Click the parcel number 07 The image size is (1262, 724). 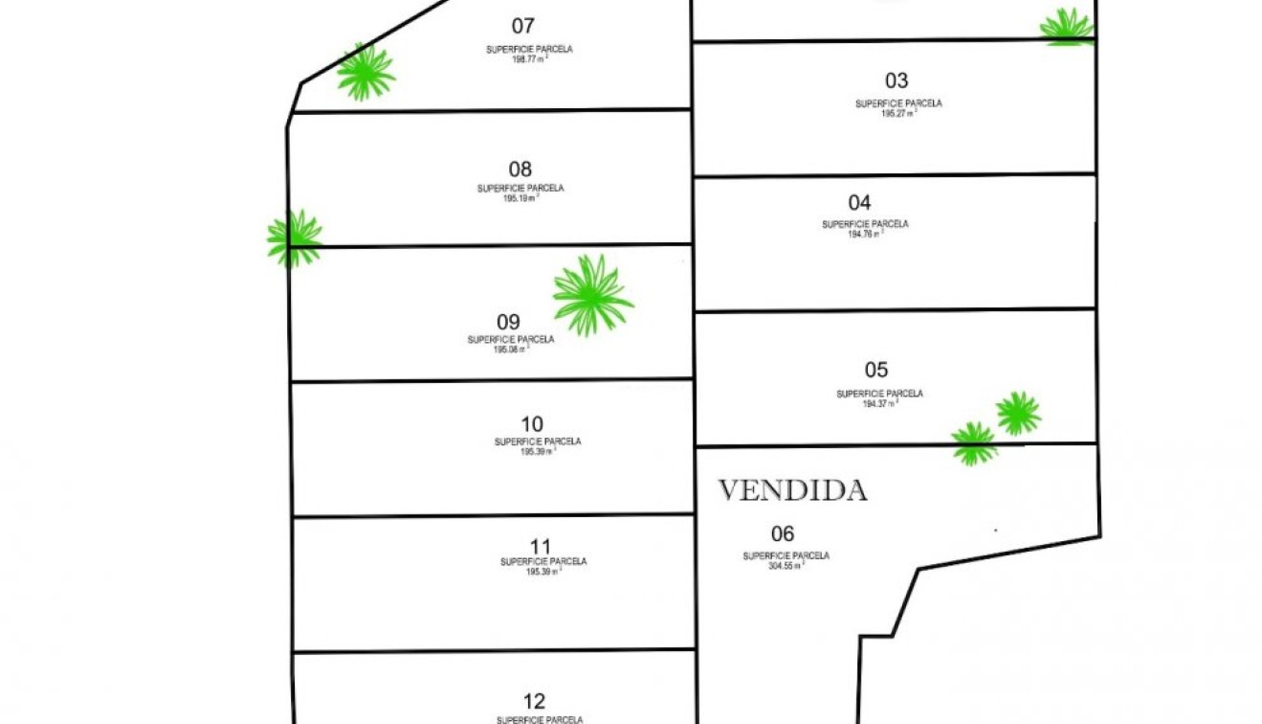523,26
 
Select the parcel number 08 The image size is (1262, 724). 520,170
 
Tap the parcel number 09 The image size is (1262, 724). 508,322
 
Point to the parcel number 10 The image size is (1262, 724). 532,423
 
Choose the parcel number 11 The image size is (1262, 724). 541,546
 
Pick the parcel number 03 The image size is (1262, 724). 897,80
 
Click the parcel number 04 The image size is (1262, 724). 859,202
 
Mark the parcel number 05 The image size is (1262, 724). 875,370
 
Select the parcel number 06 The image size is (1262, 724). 783,533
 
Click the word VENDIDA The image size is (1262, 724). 792,490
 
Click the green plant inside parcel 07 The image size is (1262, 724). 365,72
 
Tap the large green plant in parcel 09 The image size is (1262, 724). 592,295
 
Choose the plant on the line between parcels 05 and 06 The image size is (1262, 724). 974,443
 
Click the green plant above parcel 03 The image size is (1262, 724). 1067,26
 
